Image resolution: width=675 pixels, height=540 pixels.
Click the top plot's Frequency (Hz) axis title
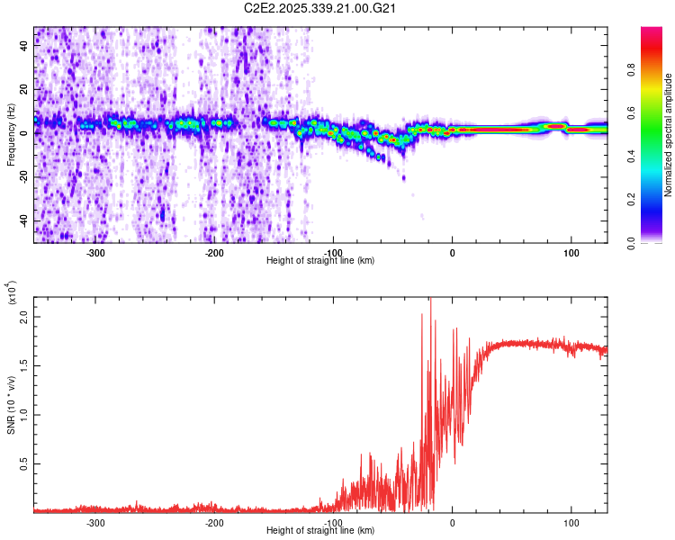click(11, 134)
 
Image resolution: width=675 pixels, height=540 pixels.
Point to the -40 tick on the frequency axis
click(22, 220)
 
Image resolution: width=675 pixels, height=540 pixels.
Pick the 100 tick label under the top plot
click(571, 252)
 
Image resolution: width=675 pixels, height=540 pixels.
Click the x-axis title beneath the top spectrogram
click(321, 261)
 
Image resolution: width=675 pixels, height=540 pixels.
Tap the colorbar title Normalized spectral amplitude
click(668, 135)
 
